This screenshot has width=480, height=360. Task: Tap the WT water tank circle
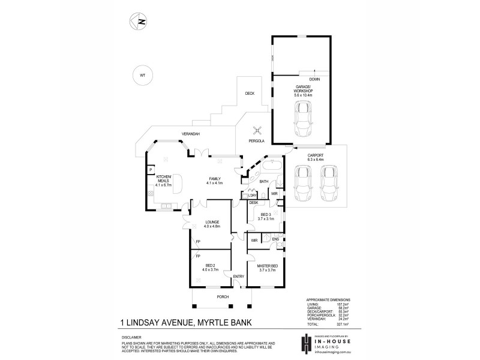point(142,76)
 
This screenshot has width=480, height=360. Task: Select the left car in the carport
point(303,183)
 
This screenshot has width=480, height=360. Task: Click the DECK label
point(250,94)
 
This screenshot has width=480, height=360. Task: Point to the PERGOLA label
point(257,141)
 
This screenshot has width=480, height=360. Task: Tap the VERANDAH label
point(191,133)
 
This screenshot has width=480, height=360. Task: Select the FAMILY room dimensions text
point(215,182)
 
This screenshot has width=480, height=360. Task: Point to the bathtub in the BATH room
point(274,164)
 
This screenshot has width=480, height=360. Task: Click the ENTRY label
point(238,277)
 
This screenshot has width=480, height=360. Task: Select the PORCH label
point(213,296)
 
